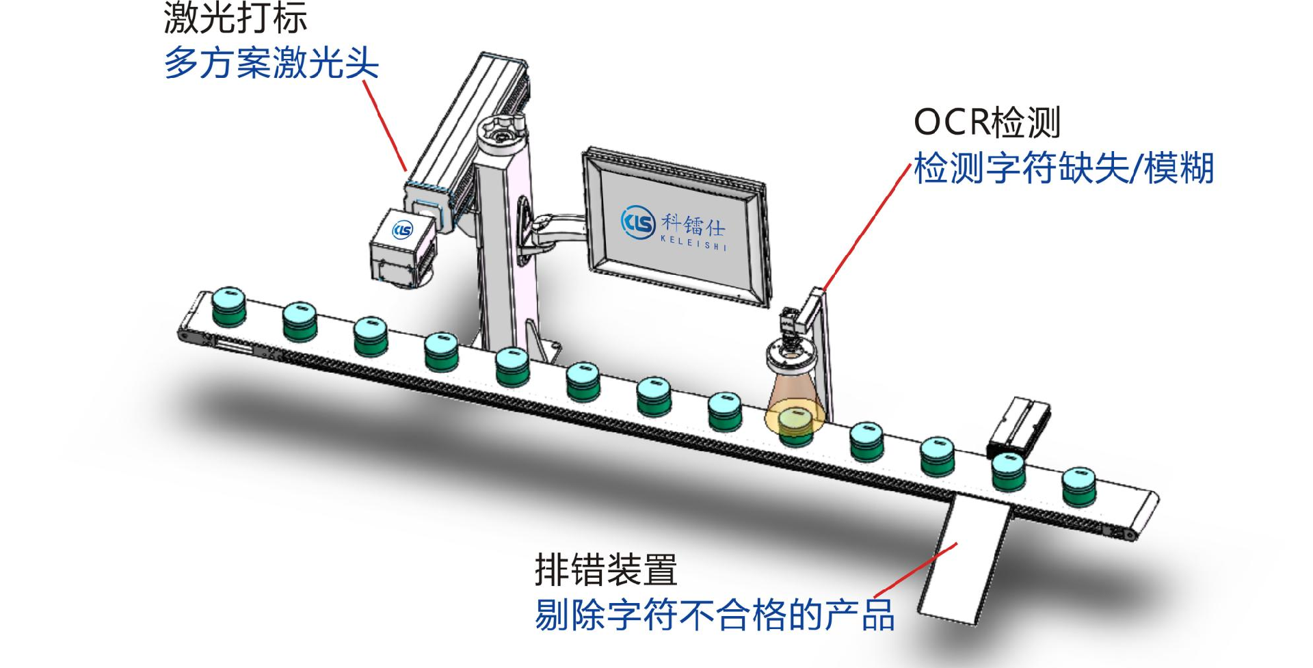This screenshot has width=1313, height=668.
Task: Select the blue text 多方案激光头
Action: point(271,64)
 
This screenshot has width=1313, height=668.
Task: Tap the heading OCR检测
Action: point(987,123)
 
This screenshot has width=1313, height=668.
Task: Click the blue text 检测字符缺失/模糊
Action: point(1063,168)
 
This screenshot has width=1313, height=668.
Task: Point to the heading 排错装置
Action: point(606,570)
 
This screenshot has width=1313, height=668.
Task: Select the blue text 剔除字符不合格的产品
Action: point(715,615)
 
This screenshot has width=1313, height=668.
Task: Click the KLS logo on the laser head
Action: point(403,230)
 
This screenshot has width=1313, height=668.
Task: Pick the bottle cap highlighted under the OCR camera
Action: point(795,424)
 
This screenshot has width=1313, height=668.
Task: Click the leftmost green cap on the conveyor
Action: point(228,307)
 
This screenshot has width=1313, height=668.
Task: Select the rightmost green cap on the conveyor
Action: point(1079,487)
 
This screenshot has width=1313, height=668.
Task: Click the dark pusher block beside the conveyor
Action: point(1018,427)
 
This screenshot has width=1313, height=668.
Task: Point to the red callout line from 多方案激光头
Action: point(385,125)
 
